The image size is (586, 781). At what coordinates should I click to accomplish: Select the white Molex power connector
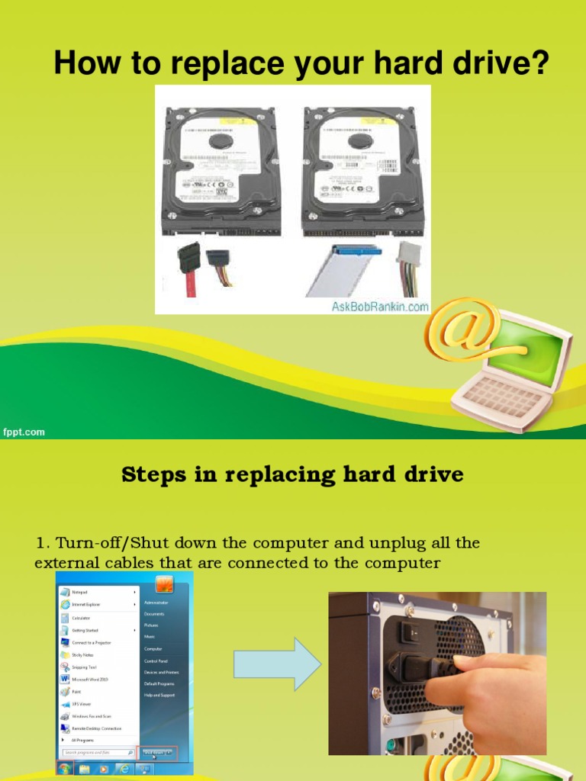[x=408, y=256]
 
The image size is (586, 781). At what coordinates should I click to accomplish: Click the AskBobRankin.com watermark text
[x=379, y=306]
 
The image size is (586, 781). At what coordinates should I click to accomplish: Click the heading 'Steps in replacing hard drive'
[x=292, y=474]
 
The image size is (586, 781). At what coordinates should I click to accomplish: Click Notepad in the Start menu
[x=80, y=592]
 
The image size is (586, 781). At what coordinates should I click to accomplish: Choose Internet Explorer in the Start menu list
[x=85, y=604]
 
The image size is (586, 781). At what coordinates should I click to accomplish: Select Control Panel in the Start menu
[x=156, y=661]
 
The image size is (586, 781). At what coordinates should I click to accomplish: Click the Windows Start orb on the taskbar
[x=64, y=769]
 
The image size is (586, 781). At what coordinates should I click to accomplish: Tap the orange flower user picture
[x=164, y=584]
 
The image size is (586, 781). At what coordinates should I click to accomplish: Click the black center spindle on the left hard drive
[x=221, y=140]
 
